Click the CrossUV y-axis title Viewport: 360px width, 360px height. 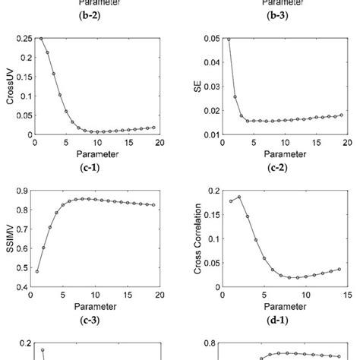tap(11, 86)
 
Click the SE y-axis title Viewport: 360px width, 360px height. tap(195, 86)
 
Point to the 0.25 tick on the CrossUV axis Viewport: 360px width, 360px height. tap(24, 38)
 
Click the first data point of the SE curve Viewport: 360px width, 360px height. tap(227, 39)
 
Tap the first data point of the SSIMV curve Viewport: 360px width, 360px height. tap(37, 271)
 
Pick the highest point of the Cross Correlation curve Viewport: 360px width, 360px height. tap(238, 197)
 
